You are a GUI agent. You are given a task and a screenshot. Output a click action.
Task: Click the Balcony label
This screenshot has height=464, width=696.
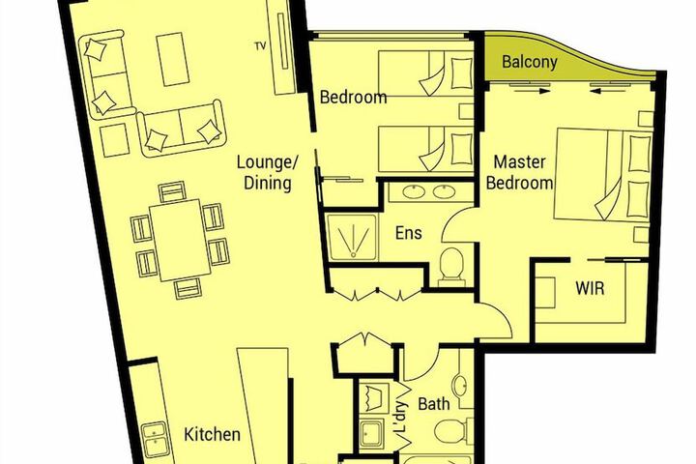coord(529,61)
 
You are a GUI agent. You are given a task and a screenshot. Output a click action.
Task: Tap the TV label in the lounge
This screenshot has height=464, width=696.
coord(261,45)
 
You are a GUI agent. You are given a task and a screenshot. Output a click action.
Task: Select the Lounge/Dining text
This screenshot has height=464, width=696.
coord(267,172)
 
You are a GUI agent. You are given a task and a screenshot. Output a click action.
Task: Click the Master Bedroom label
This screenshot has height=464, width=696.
coord(519,172)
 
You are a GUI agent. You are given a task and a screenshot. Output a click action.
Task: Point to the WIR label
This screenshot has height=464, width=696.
coord(590,288)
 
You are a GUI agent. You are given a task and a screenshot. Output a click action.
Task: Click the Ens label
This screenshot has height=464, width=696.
coord(408,233)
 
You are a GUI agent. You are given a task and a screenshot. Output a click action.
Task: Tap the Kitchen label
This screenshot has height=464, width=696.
coord(212,434)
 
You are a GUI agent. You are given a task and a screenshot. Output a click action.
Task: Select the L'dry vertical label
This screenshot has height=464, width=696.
coord(400,417)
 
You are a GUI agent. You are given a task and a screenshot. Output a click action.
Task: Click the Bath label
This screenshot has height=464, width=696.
coord(434,404)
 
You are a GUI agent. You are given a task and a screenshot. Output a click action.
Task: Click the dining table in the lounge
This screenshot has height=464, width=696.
coord(180,240)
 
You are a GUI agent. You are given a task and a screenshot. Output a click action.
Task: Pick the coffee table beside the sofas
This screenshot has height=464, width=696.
coord(173,59)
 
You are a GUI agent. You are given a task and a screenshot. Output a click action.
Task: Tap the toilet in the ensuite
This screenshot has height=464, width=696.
coord(451,267)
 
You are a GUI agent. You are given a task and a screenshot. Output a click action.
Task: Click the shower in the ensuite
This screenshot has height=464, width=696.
coord(352,237)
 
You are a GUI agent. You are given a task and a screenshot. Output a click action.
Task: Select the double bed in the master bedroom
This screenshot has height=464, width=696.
coord(601,174)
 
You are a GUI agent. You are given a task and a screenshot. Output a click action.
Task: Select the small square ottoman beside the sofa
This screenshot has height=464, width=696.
coord(114,140)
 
